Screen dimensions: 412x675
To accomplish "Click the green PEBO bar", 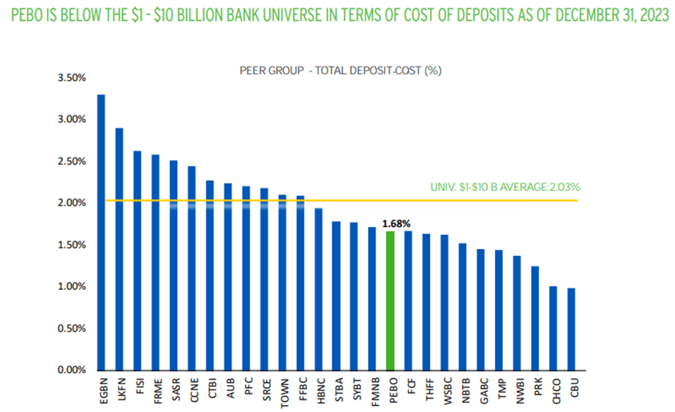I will click(x=390, y=301).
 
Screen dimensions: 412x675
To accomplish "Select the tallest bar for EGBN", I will click(x=101, y=232).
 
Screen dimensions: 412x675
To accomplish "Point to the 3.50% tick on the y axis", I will click(x=71, y=78).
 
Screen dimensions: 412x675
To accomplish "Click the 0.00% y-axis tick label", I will click(x=71, y=369).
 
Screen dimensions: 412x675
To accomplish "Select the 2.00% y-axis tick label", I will click(x=71, y=203).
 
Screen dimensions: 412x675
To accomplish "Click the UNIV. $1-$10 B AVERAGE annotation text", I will click(x=505, y=187).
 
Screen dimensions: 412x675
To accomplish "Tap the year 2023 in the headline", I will click(x=652, y=15).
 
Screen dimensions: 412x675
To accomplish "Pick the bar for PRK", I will click(x=535, y=318).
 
